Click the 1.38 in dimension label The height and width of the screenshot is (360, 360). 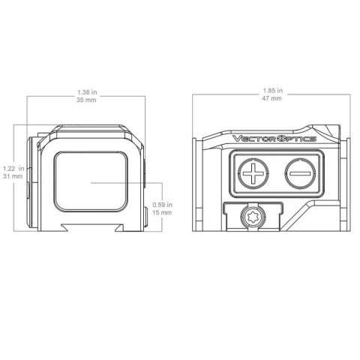click(87, 92)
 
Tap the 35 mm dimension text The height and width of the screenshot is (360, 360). click(86, 100)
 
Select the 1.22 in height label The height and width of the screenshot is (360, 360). click(13, 169)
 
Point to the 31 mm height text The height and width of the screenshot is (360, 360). click(13, 176)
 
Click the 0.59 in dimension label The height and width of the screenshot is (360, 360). click(163, 205)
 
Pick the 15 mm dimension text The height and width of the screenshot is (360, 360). click(162, 212)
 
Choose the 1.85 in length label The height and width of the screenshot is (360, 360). click(273, 91)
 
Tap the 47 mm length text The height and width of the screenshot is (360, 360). click(272, 98)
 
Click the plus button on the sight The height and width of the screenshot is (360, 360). click(253, 173)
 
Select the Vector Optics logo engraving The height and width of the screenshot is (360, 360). click(274, 139)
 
